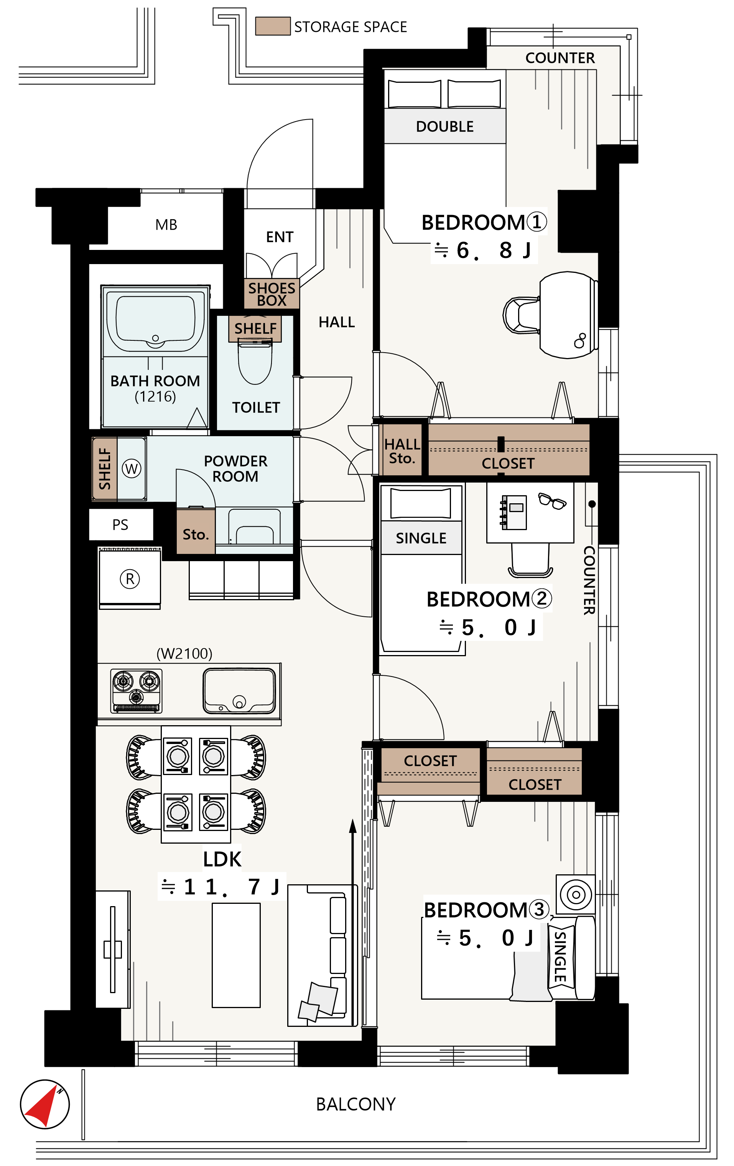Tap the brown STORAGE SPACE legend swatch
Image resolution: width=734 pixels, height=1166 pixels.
coord(273,26)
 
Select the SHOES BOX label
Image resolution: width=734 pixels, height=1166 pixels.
coord(271,294)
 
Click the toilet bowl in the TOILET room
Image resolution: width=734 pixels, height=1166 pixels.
coord(255,362)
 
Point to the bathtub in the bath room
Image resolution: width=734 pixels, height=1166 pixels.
coord(155,320)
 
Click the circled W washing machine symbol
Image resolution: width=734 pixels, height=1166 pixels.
coord(131,468)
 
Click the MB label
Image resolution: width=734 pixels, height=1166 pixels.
coord(166,225)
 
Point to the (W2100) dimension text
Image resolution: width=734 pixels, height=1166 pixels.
coord(184,654)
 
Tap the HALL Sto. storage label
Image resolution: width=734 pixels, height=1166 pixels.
coord(402,451)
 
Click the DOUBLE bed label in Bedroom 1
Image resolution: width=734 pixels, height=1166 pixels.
coord(445,126)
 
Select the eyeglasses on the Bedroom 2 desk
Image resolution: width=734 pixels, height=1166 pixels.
coord(552,501)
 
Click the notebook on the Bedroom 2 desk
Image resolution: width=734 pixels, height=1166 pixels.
coord(513,512)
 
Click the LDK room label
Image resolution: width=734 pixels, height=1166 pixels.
coord(222,859)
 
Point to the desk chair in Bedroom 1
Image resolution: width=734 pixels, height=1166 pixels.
coord(521,315)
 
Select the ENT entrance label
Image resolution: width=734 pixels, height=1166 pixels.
coord(280,237)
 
